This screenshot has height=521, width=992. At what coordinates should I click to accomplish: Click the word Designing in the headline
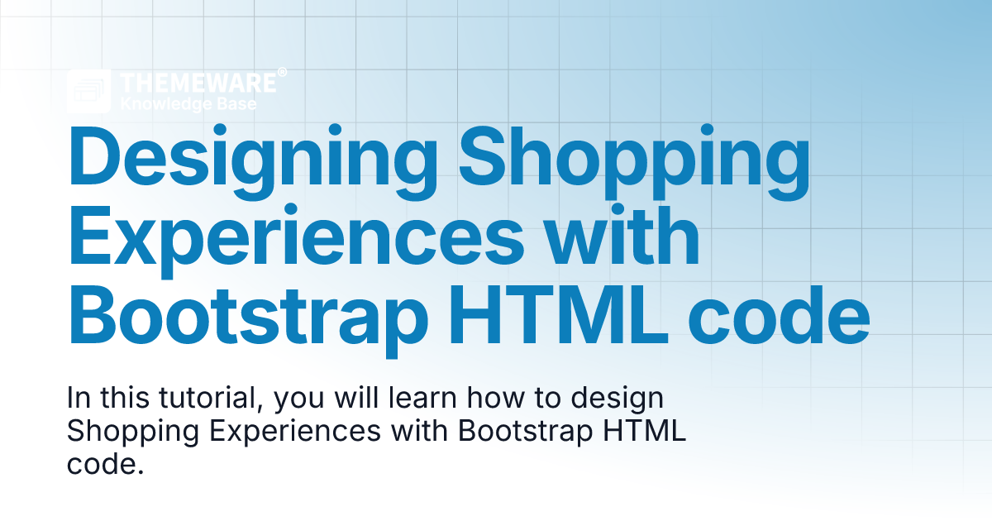pos(253,162)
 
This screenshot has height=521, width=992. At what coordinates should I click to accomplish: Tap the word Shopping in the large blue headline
pos(634,162)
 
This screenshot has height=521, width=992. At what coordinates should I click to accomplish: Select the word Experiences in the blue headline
pos(296,241)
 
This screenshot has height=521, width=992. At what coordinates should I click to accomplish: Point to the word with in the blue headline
pos(622,235)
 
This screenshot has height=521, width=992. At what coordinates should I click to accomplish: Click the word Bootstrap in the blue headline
pos(248,321)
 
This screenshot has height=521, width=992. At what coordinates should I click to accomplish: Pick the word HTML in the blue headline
pos(559,314)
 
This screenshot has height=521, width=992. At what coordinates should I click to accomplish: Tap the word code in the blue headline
pos(779,314)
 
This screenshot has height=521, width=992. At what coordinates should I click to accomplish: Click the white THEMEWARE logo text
pos(198,83)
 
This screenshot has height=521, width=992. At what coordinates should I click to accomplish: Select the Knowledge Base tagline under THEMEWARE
pos(188,104)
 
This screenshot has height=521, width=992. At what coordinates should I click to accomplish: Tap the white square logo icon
pos(88,91)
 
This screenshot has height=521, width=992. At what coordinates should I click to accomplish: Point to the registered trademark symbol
pos(282,72)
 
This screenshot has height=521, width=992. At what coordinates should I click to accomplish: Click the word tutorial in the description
pos(207,398)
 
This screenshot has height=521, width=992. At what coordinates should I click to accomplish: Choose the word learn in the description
pos(422,398)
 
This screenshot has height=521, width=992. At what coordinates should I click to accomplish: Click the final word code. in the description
pos(106,463)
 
